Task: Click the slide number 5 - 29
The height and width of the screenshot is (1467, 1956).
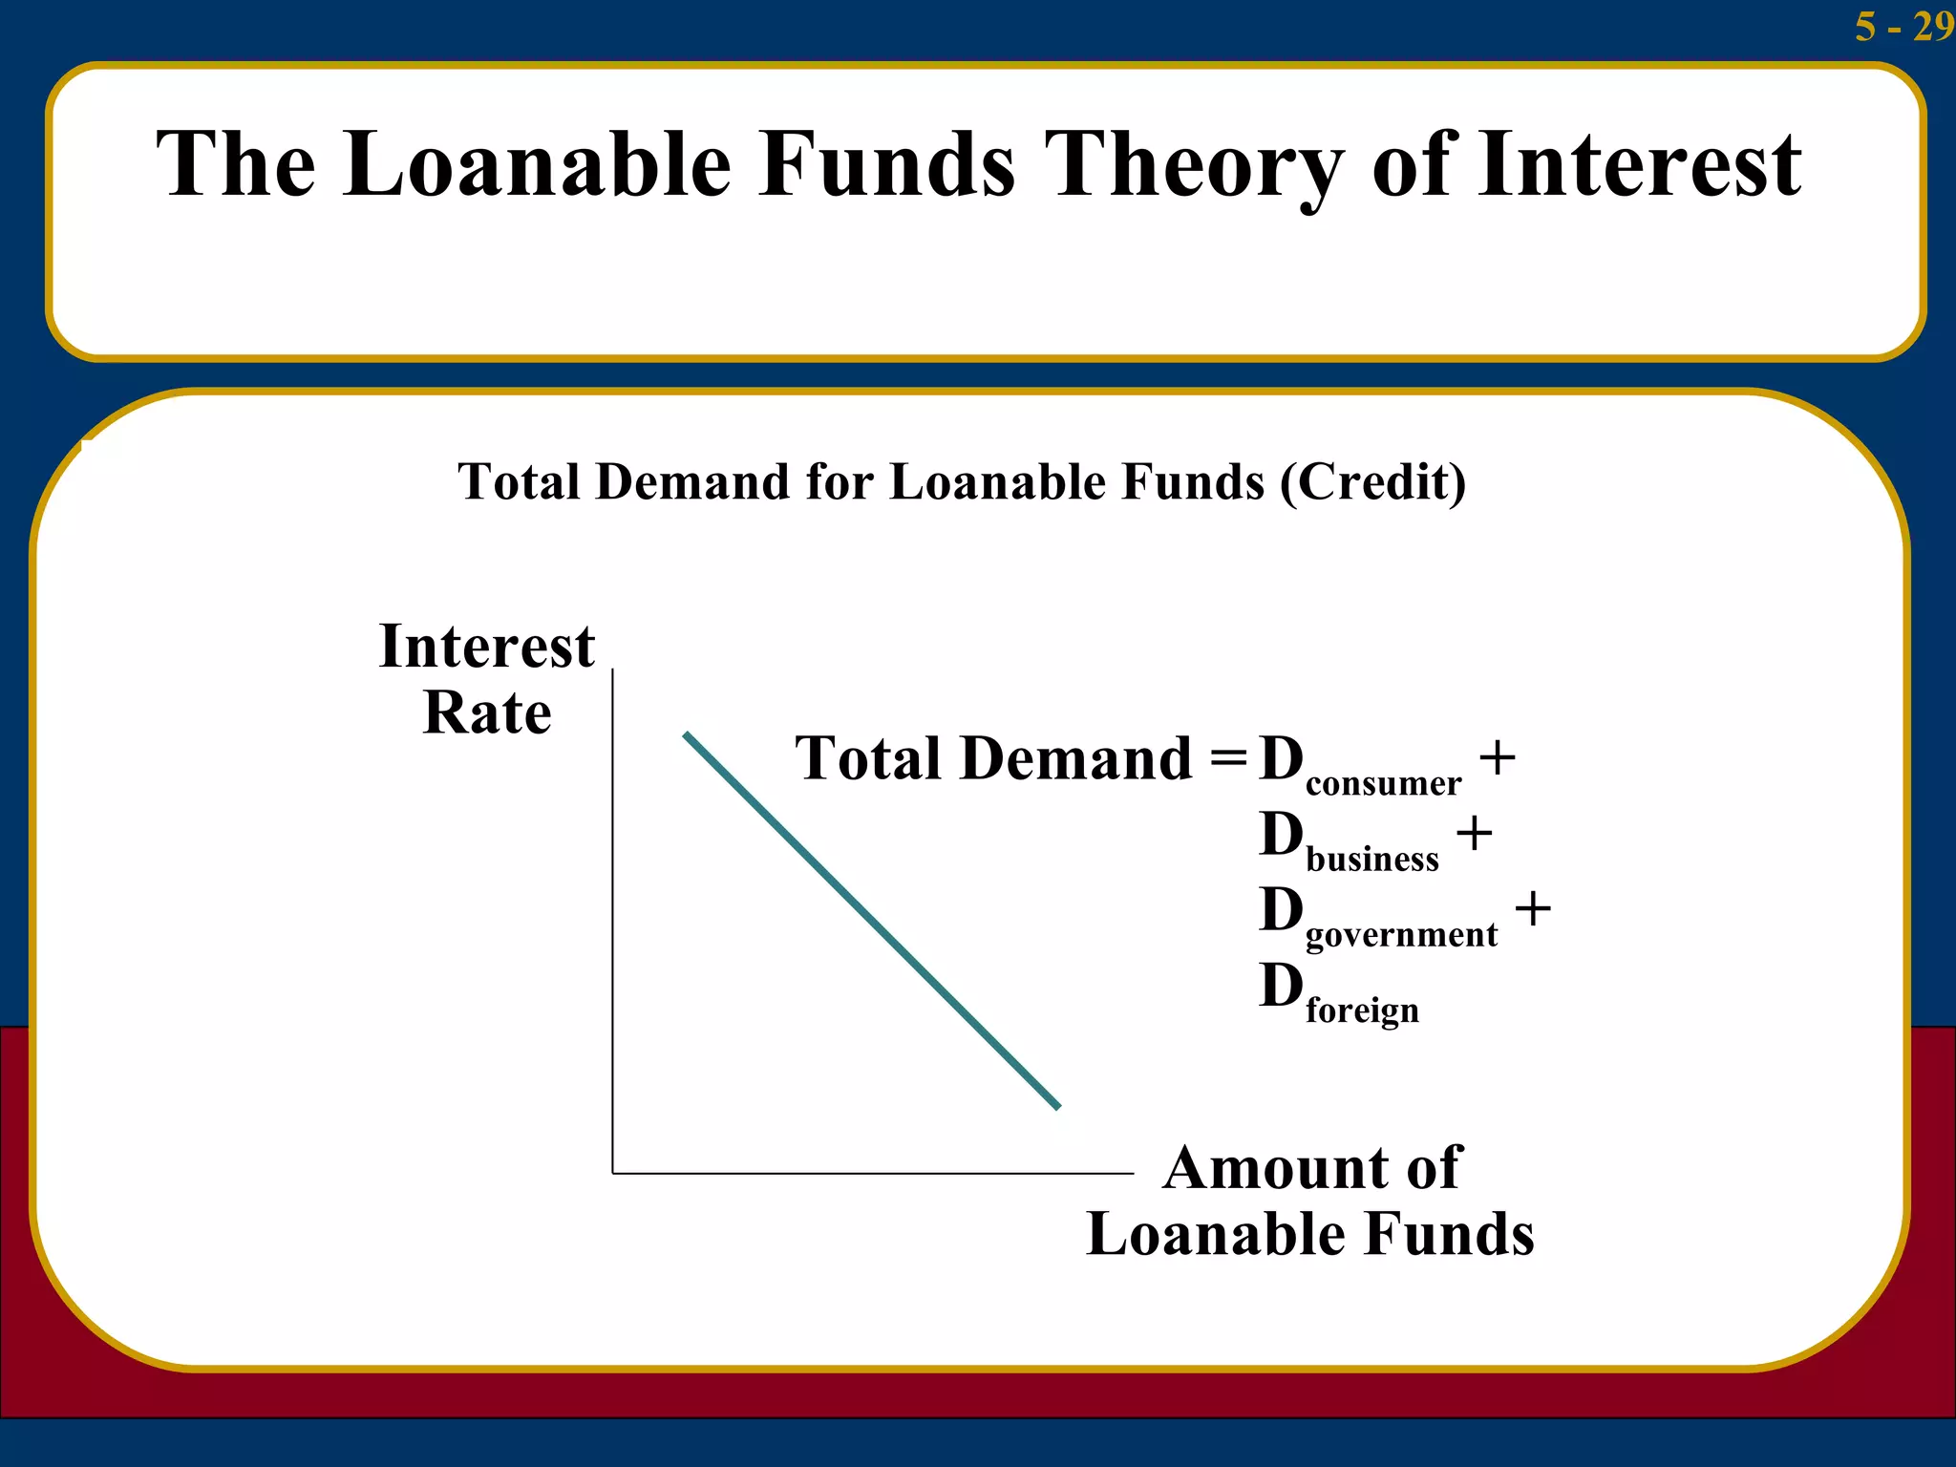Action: pos(1903,26)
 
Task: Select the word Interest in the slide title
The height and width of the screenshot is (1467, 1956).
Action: pos(1639,164)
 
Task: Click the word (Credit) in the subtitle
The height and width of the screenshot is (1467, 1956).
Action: pos(1372,482)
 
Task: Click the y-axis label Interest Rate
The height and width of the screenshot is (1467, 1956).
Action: pos(487,679)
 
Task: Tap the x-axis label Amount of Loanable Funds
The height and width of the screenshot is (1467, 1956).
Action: pos(1310,1201)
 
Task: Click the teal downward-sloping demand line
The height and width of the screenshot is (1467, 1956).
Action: pos(871,921)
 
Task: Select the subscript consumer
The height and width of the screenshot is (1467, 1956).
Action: pos(1383,784)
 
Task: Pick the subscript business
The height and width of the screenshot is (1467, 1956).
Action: pos(1371,860)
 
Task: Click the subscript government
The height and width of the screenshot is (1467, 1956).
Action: pos(1401,935)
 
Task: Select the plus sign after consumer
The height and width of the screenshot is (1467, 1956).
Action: pos(1497,758)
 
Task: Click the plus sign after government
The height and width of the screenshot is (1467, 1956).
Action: pos(1532,908)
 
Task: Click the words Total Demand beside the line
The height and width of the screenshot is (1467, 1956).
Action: pos(993,759)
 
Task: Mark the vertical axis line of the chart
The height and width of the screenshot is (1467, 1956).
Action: pos(612,917)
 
